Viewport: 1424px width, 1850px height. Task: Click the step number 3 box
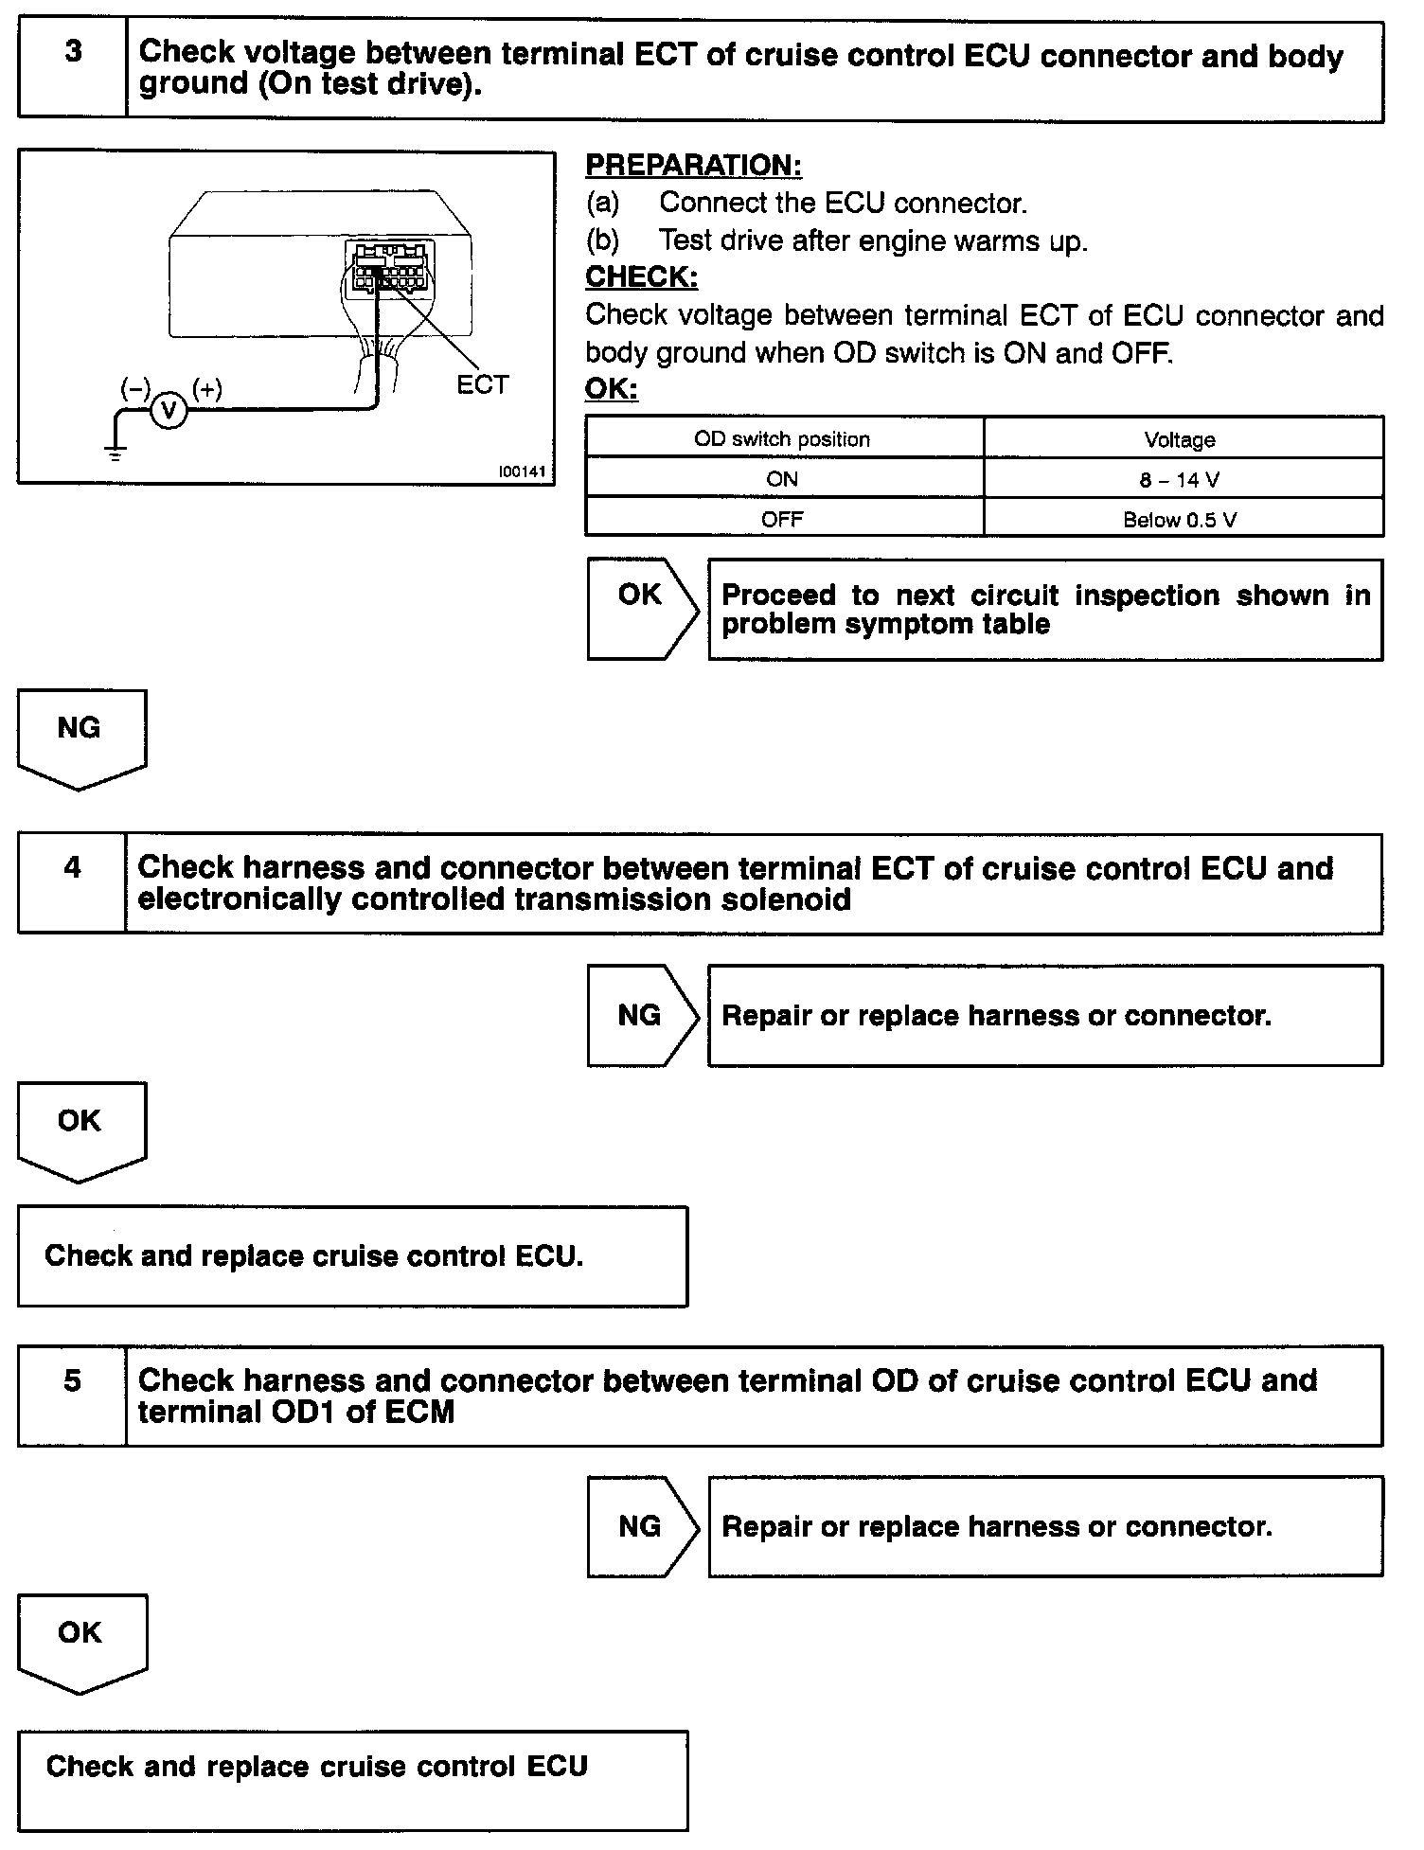[x=72, y=69]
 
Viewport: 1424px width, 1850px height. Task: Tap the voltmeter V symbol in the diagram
[x=169, y=411]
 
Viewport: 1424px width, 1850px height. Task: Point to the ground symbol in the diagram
[x=116, y=452]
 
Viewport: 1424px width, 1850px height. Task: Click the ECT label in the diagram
[x=482, y=385]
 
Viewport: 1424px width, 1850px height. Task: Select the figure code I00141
[x=523, y=471]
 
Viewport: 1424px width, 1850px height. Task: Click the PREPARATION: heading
[x=693, y=166]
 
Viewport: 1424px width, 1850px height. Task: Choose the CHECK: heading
[x=641, y=276]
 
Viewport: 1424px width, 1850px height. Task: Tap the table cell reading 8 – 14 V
[x=1181, y=480]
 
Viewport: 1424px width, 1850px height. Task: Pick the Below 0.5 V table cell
[x=1181, y=520]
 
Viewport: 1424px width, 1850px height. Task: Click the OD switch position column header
[x=782, y=439]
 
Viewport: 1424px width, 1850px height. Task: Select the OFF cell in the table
[x=782, y=520]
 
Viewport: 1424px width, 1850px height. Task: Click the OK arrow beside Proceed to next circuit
[x=641, y=608]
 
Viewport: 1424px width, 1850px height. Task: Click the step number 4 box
[x=72, y=882]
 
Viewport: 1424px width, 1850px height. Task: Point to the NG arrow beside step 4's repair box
[x=641, y=1015]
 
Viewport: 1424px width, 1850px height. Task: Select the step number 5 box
[x=72, y=1395]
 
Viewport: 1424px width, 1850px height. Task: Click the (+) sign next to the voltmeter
[x=207, y=389]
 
